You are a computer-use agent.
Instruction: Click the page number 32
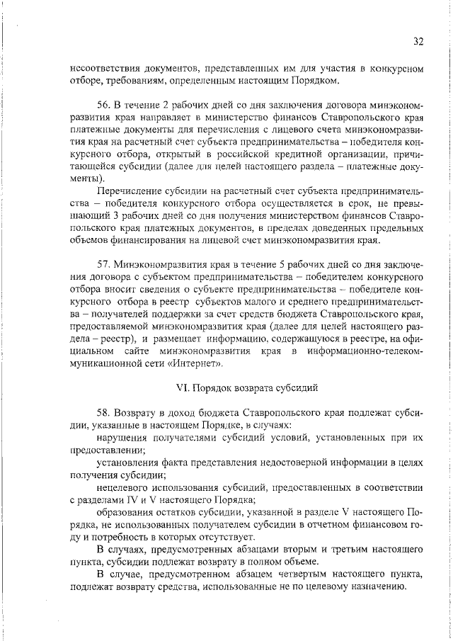click(418, 42)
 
